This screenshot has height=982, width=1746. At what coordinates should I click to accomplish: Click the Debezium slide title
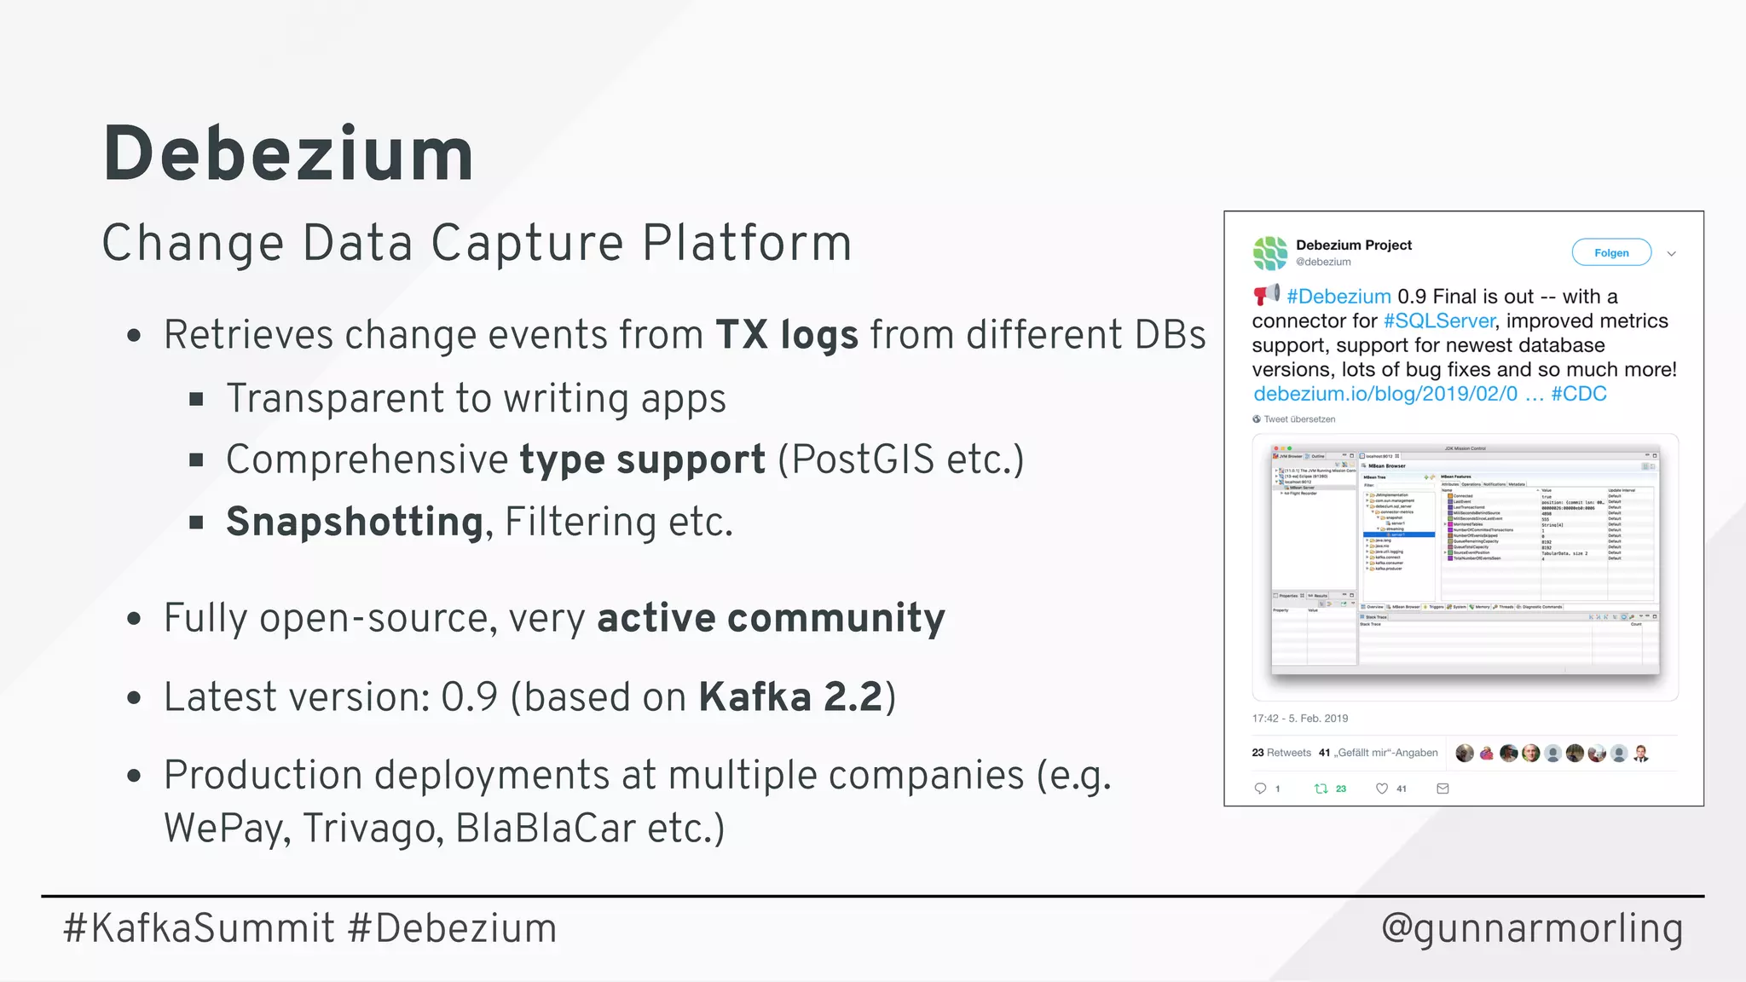pos(288,154)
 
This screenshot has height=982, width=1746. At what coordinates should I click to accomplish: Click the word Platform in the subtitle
pos(746,243)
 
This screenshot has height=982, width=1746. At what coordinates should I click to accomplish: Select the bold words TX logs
pos(786,335)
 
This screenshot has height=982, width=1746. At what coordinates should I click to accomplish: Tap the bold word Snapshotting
pos(355,522)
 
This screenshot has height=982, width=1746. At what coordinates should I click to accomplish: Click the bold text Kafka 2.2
pos(790,697)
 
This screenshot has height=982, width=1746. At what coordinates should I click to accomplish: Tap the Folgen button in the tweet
pos(1610,253)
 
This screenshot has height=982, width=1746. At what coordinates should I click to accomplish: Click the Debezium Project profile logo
pos(1269,253)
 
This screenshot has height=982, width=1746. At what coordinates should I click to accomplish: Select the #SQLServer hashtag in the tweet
pos(1438,321)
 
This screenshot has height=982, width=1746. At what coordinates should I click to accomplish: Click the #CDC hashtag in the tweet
pos(1578,394)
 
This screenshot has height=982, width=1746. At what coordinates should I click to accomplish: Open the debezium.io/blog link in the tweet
pos(1385,394)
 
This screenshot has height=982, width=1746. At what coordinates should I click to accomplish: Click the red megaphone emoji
pos(1266,295)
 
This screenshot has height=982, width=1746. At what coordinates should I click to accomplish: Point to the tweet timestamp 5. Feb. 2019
pos(1318,719)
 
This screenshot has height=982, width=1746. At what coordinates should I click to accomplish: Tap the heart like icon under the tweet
pos(1382,788)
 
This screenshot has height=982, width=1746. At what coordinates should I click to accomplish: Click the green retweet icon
pos(1321,788)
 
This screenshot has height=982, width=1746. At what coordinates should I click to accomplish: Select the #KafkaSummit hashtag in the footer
pos(199,928)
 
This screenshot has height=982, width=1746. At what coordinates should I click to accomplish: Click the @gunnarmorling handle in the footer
pos(1531,928)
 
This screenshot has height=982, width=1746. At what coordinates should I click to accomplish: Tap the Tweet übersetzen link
pos(1298,419)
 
